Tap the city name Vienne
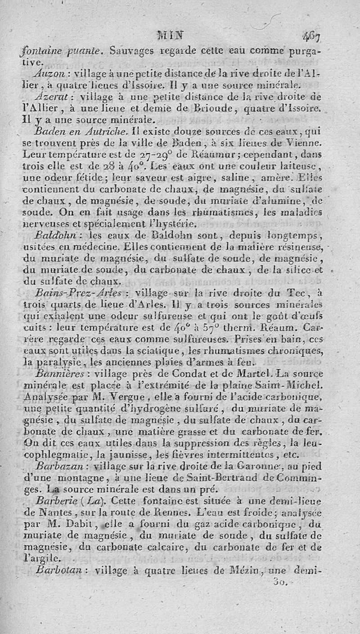pos(304,143)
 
